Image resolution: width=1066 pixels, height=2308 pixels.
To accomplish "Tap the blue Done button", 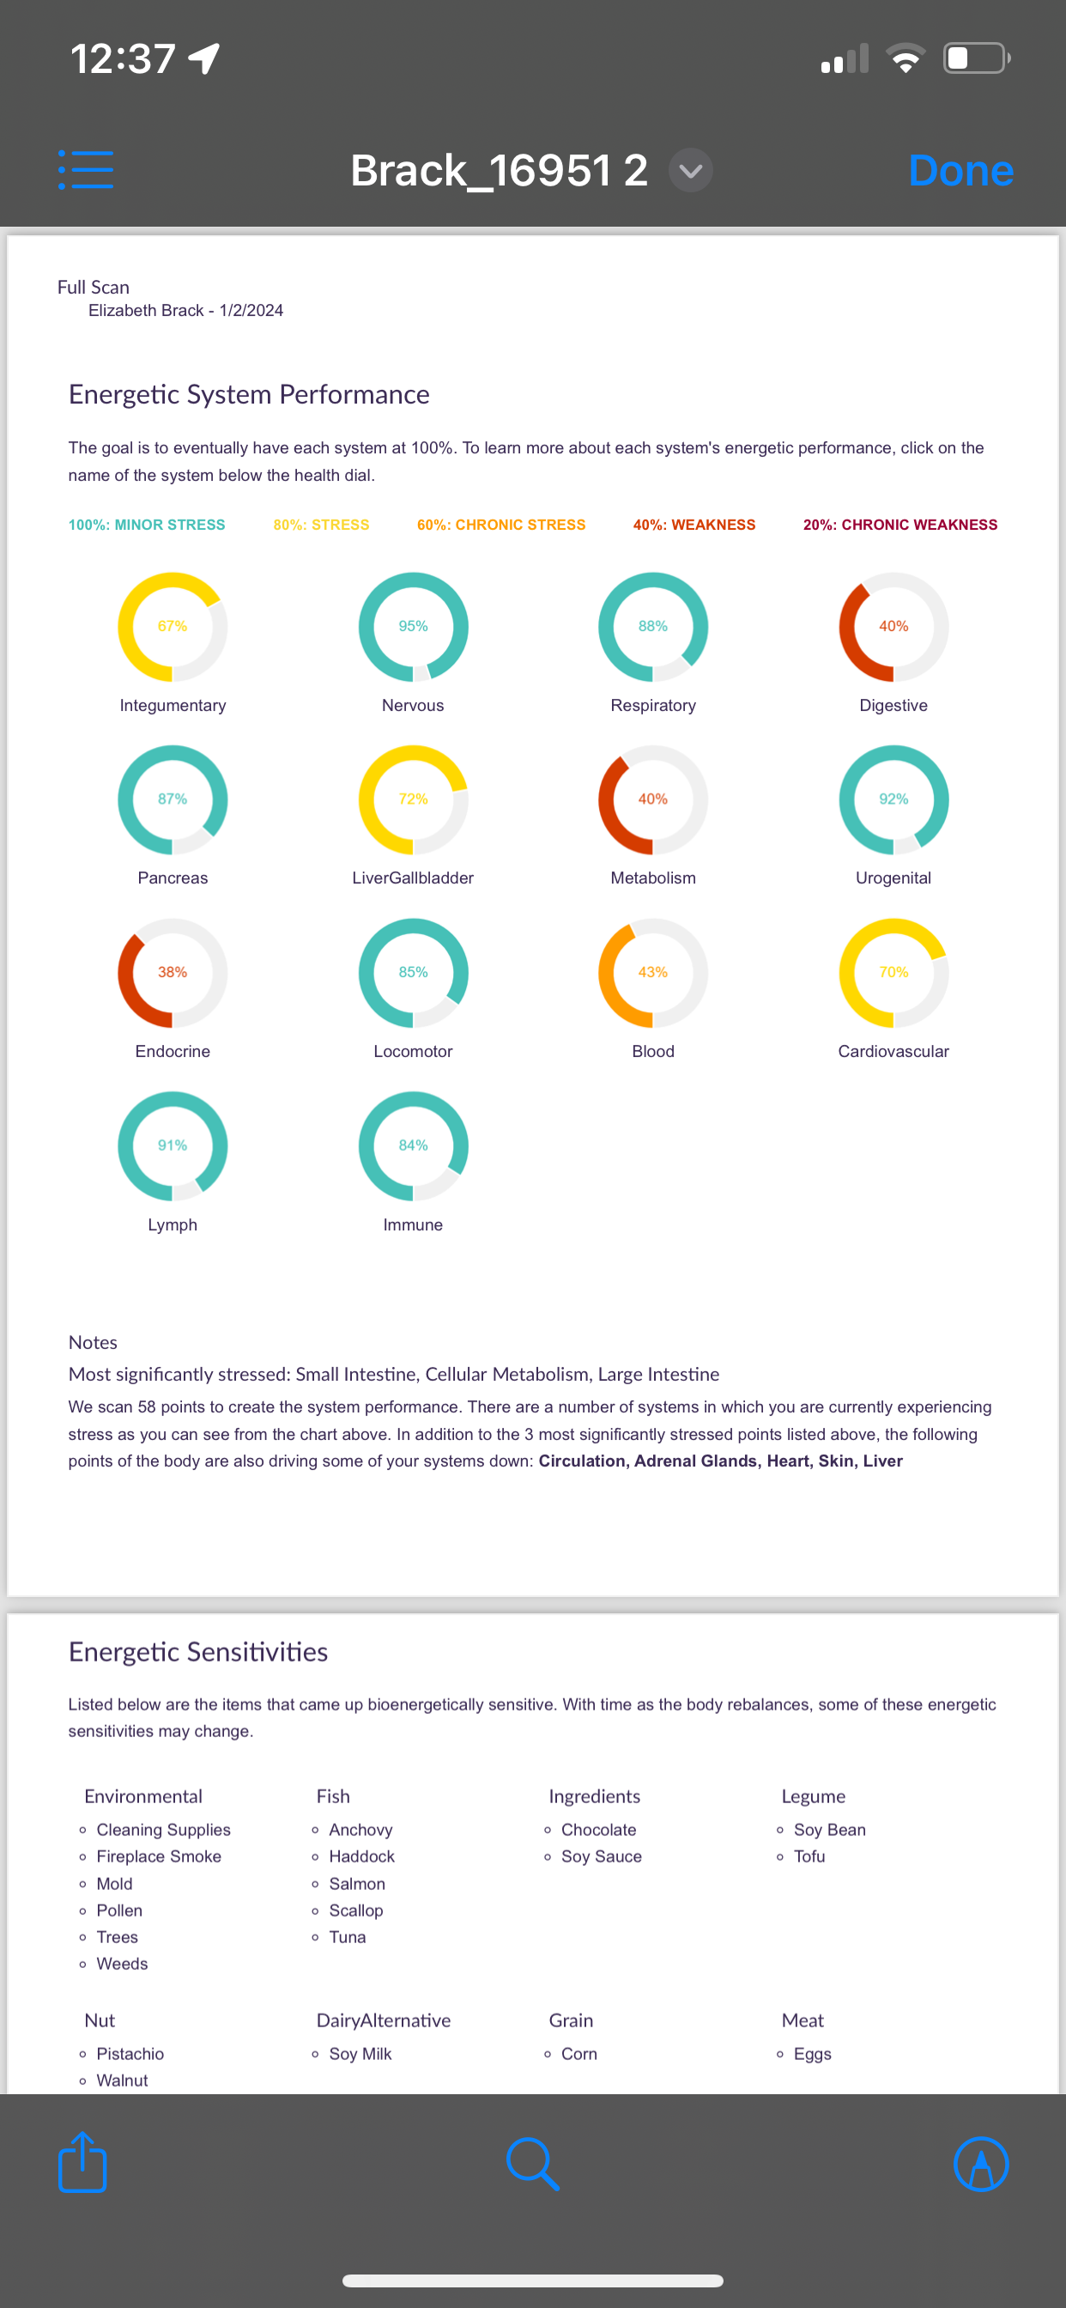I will point(960,170).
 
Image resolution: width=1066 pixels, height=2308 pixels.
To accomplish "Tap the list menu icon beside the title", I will point(86,169).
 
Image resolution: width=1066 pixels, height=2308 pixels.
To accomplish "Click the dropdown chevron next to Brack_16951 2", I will point(691,170).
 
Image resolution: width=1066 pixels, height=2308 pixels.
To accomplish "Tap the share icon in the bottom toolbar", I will point(82,2163).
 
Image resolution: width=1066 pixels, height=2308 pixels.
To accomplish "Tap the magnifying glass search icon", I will point(533,2164).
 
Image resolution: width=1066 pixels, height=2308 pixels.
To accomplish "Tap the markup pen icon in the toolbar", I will point(981,2164).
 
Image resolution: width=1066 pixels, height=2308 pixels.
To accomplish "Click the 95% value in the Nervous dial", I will point(413,626).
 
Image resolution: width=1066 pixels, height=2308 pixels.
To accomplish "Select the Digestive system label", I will point(893,705).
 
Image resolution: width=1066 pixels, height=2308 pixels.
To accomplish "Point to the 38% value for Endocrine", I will point(172,972).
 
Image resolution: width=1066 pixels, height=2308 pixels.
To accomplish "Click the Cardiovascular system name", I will point(893,1051).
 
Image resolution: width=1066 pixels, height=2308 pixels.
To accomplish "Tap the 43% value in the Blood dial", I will point(653,972).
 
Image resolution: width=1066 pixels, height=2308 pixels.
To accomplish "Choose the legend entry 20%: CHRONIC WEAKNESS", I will point(899,525).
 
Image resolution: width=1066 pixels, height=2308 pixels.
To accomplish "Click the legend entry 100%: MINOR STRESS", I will point(147,525).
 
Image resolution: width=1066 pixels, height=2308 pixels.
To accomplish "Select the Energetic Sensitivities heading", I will point(198,1651).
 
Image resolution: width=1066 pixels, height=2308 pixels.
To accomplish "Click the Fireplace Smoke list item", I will point(159,1856).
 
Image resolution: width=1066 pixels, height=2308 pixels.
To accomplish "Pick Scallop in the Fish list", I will point(355,1910).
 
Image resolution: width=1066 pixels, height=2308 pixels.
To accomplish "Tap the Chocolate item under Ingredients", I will point(598,1830).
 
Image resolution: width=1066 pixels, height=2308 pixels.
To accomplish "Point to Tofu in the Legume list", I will point(809,1856).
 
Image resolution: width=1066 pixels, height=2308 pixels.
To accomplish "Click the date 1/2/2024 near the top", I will point(251,311).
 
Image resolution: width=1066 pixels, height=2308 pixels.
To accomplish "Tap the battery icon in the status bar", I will point(976,59).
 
